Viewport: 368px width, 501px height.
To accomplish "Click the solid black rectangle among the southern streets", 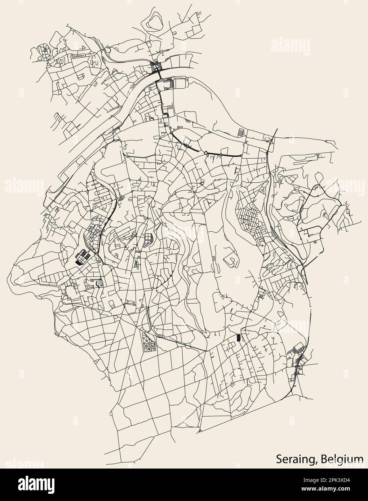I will click(238, 338).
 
